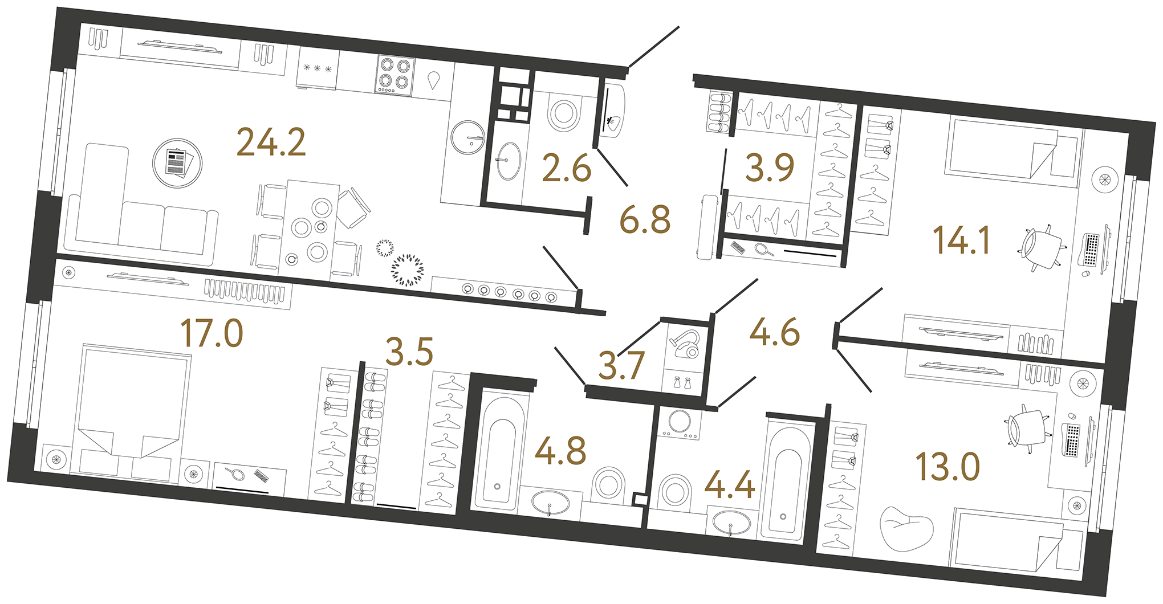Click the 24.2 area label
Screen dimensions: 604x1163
pos(271,142)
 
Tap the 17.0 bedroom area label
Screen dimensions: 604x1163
pos(212,333)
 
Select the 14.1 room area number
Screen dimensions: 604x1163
pos(962,240)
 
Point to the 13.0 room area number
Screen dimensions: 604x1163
pos(947,467)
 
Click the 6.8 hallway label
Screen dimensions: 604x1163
pos(645,221)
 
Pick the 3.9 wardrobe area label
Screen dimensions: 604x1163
pos(770,168)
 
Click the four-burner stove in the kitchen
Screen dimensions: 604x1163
pos(395,75)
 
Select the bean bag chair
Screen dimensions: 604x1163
pos(906,528)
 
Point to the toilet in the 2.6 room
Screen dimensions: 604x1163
pos(564,113)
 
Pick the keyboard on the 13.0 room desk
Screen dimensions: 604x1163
pos(1072,439)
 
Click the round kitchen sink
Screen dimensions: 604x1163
pos(467,137)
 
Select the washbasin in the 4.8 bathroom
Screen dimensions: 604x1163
pos(550,503)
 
